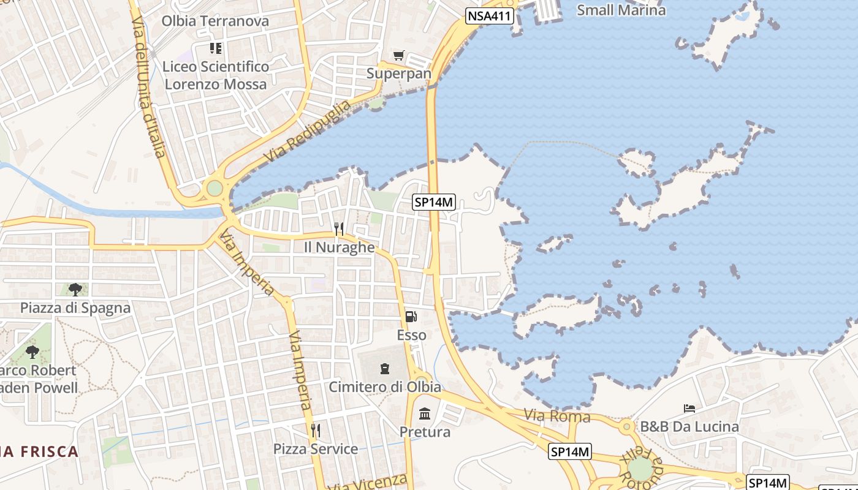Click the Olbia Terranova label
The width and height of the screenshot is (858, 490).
pos(215,21)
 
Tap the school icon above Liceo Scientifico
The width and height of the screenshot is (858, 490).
pos(215,48)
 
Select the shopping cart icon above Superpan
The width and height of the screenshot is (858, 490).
pos(399,56)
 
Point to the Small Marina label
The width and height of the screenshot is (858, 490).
pos(621,10)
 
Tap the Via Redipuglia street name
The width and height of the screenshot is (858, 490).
pos(308,130)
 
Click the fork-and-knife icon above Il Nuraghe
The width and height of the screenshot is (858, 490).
pos(339,229)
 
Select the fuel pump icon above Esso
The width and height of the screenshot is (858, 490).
pos(411,317)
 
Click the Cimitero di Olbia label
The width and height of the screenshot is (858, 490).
pos(385,387)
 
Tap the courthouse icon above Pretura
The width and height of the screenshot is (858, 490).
pos(425,413)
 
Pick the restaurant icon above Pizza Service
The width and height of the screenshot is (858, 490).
pos(316,431)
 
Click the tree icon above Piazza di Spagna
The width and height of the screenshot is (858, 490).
pos(75,289)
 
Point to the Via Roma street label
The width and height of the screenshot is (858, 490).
pos(557,417)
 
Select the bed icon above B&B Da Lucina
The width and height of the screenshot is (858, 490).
pos(689,408)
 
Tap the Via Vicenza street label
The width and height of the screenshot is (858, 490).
pos(368,482)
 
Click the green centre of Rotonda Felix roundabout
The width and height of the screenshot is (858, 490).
pos(640,469)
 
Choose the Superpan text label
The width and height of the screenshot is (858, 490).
pos(399,73)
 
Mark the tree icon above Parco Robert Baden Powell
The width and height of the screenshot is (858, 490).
pos(32,352)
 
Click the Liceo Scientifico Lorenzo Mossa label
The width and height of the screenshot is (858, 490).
pos(216,75)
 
